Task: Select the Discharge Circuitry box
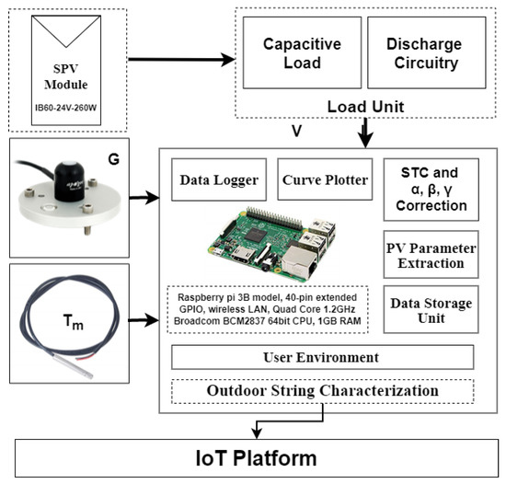(422, 55)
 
